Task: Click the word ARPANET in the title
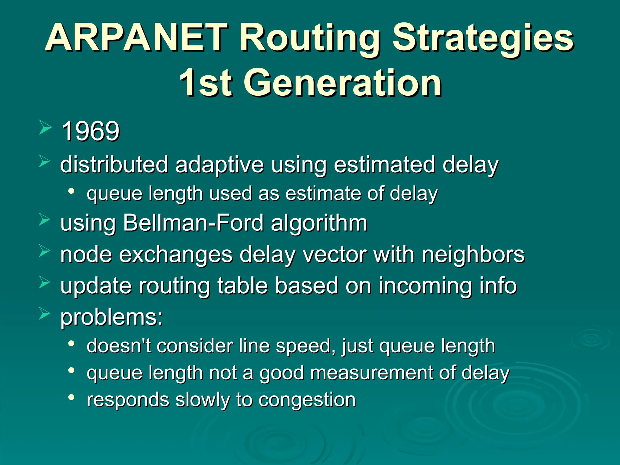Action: tap(136, 38)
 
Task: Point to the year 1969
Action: tap(90, 131)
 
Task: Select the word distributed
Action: tap(114, 165)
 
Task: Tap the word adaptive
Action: tap(219, 165)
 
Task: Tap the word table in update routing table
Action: tap(242, 286)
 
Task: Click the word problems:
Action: tap(111, 318)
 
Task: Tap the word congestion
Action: tap(307, 400)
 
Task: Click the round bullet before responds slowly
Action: tap(71, 397)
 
